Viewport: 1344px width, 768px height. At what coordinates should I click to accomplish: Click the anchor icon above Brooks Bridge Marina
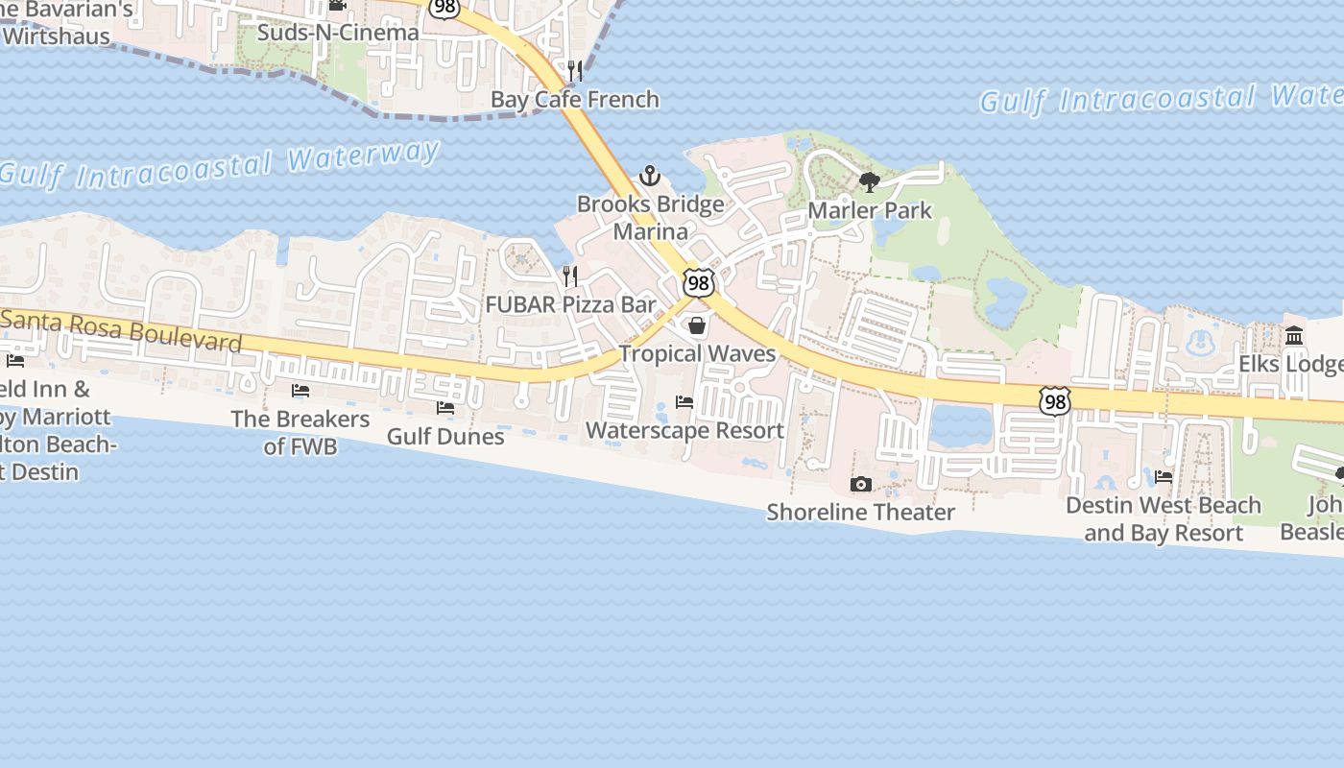(650, 177)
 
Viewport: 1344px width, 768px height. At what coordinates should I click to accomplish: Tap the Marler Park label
(870, 210)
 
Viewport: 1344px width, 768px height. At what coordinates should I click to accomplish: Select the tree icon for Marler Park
(870, 181)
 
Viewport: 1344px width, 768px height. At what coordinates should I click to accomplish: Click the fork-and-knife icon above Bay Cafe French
(575, 70)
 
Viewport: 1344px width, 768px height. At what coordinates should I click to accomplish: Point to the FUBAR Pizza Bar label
(570, 305)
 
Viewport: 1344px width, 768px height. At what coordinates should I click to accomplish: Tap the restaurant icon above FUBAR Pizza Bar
(570, 276)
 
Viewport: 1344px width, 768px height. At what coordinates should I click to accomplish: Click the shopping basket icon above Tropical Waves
(697, 326)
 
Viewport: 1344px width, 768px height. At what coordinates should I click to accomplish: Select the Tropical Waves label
(697, 353)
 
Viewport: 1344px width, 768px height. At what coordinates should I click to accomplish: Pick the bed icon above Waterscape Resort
(684, 401)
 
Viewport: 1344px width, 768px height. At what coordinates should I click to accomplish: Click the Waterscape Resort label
(684, 430)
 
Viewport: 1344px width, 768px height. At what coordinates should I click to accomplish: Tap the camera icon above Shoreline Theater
(861, 484)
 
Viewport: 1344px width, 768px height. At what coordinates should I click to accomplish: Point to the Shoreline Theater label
(860, 512)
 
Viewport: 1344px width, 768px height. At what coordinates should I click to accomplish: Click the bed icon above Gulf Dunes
(445, 408)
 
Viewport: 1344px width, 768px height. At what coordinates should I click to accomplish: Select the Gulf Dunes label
(445, 437)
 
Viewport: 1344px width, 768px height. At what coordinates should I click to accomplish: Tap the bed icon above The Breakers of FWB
(300, 391)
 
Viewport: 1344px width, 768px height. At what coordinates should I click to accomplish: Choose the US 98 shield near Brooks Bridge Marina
(699, 282)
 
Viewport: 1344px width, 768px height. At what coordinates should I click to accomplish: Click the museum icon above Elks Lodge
(1294, 336)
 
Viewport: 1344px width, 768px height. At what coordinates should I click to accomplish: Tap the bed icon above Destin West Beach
(1164, 477)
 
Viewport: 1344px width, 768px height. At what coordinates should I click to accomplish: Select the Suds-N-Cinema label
(339, 33)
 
